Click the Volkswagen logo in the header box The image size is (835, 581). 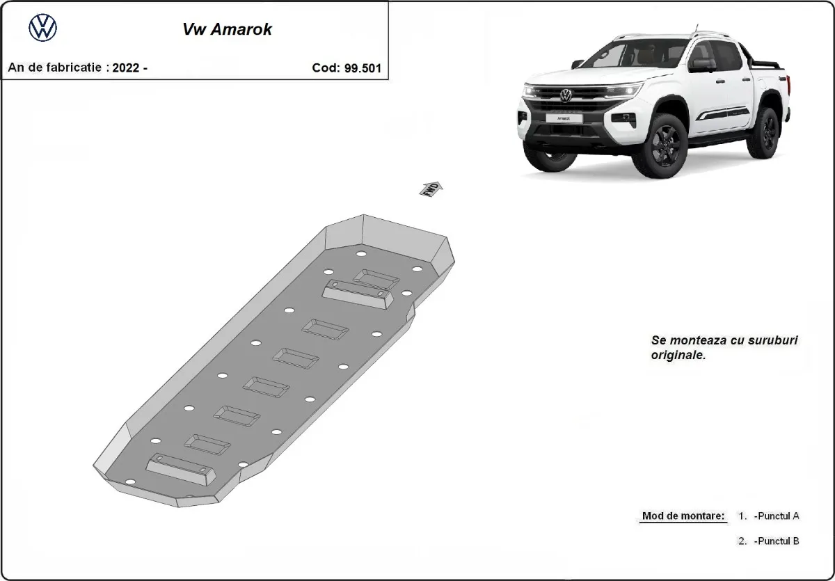[42, 29]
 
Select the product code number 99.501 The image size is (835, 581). [363, 68]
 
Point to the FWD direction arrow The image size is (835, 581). [431, 189]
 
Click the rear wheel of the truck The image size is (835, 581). [768, 131]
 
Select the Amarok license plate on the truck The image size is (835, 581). [562, 118]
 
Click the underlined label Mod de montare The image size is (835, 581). [683, 516]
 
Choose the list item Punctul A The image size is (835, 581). [776, 516]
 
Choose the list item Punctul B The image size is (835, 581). [776, 541]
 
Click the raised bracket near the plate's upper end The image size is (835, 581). [357, 294]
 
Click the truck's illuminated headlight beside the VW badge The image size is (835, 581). [623, 90]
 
